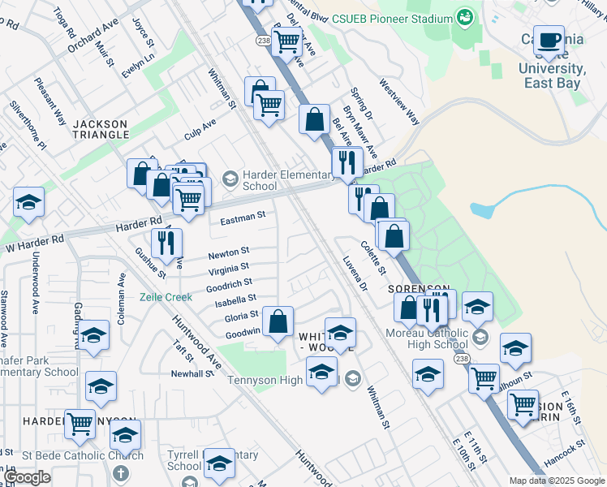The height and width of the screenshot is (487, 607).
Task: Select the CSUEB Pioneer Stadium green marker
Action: point(465,17)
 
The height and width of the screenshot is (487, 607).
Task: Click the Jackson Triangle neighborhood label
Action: point(100,130)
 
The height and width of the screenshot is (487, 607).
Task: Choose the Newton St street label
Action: point(228,253)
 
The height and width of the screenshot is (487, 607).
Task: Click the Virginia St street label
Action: point(228,268)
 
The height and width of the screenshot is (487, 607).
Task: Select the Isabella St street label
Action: point(235,300)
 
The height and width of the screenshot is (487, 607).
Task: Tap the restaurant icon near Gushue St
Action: point(166,243)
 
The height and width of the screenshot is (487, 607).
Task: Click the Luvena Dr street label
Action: point(355,275)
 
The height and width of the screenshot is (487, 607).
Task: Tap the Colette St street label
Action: point(373,256)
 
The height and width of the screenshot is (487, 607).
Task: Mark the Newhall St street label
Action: point(192,374)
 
